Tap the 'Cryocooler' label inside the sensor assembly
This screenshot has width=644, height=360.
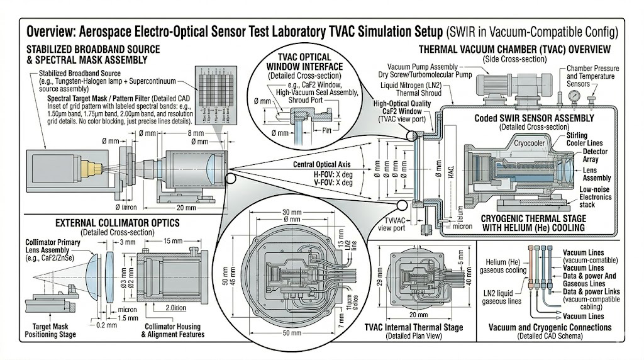tap(530, 142)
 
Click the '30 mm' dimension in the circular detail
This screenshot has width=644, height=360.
tap(289, 212)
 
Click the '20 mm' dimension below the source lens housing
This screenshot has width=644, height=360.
tap(187, 208)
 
